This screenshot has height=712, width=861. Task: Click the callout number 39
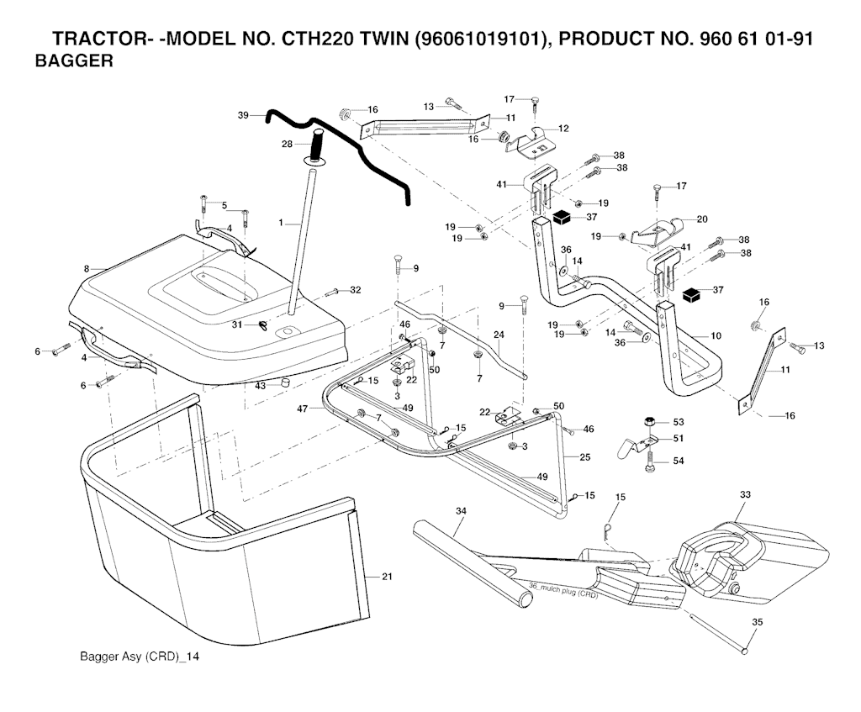click(244, 115)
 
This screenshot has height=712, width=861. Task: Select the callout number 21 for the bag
click(387, 576)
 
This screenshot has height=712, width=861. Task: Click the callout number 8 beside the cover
click(86, 268)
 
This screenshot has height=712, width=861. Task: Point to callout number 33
click(745, 494)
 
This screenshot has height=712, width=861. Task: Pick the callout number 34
click(461, 510)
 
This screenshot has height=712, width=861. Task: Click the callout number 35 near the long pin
click(757, 623)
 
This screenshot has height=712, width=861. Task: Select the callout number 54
click(678, 461)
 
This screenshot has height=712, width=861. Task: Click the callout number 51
click(678, 439)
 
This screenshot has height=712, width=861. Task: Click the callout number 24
click(499, 335)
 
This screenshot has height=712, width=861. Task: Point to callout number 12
click(563, 129)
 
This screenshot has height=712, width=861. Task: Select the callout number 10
click(716, 335)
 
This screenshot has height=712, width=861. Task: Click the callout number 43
click(261, 385)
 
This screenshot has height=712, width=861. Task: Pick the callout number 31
click(237, 325)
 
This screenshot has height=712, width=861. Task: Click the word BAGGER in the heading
click(74, 62)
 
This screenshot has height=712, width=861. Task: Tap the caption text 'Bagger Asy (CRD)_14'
click(137, 656)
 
